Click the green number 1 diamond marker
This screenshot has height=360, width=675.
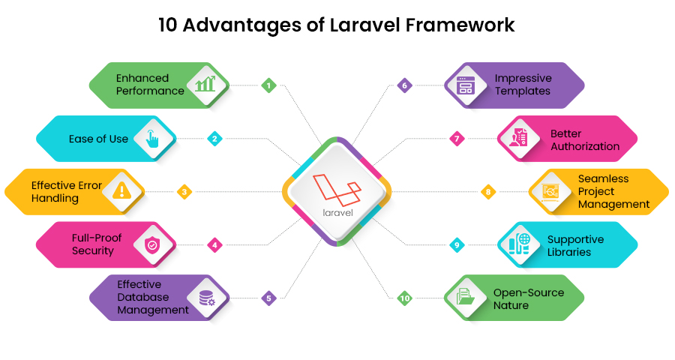click(268, 85)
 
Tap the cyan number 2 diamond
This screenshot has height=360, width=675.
click(214, 139)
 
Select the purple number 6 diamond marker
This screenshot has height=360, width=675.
click(404, 85)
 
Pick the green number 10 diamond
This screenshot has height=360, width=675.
click(404, 298)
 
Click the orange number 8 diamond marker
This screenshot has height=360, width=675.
click(487, 192)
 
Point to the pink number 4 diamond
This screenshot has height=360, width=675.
click(214, 245)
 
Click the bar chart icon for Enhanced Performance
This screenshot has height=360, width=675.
click(205, 84)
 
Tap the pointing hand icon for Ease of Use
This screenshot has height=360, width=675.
click(152, 139)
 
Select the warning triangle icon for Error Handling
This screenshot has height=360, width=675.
click(121, 190)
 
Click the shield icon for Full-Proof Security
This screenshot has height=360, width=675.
click(152, 245)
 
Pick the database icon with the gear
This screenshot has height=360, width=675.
click(207, 298)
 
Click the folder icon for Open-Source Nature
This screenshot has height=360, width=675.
click(465, 297)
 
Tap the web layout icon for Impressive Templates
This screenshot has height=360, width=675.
click(465, 85)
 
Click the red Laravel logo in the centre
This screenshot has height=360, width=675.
click(337, 190)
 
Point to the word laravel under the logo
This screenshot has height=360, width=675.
click(337, 213)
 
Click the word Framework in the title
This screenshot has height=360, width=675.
click(460, 25)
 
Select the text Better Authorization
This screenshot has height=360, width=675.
click(585, 140)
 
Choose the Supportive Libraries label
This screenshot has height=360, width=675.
click(575, 245)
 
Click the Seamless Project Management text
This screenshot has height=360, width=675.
click(613, 191)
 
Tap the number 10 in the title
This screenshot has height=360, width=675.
click(167, 25)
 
